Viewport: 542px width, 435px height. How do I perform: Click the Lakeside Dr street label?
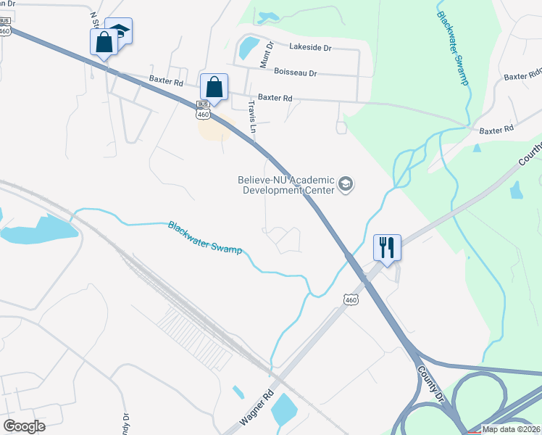tap(309, 47)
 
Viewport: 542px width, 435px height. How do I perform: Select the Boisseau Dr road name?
tap(296, 72)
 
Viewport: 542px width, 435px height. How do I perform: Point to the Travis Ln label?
tap(252, 116)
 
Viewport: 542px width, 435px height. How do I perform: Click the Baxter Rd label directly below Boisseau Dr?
tap(275, 98)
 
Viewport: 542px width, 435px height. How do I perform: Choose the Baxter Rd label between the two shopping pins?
tap(166, 80)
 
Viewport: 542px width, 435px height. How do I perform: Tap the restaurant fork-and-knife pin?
tap(386, 248)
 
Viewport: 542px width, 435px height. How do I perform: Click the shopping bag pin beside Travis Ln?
tap(214, 88)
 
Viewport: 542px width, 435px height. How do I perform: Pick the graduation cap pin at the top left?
tap(120, 30)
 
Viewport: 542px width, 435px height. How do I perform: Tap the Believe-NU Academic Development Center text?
tap(287, 185)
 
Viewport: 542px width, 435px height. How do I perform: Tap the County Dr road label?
tap(430, 382)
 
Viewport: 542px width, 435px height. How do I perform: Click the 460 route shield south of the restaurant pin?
tap(351, 299)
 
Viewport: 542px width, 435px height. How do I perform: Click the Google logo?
tap(25, 426)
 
